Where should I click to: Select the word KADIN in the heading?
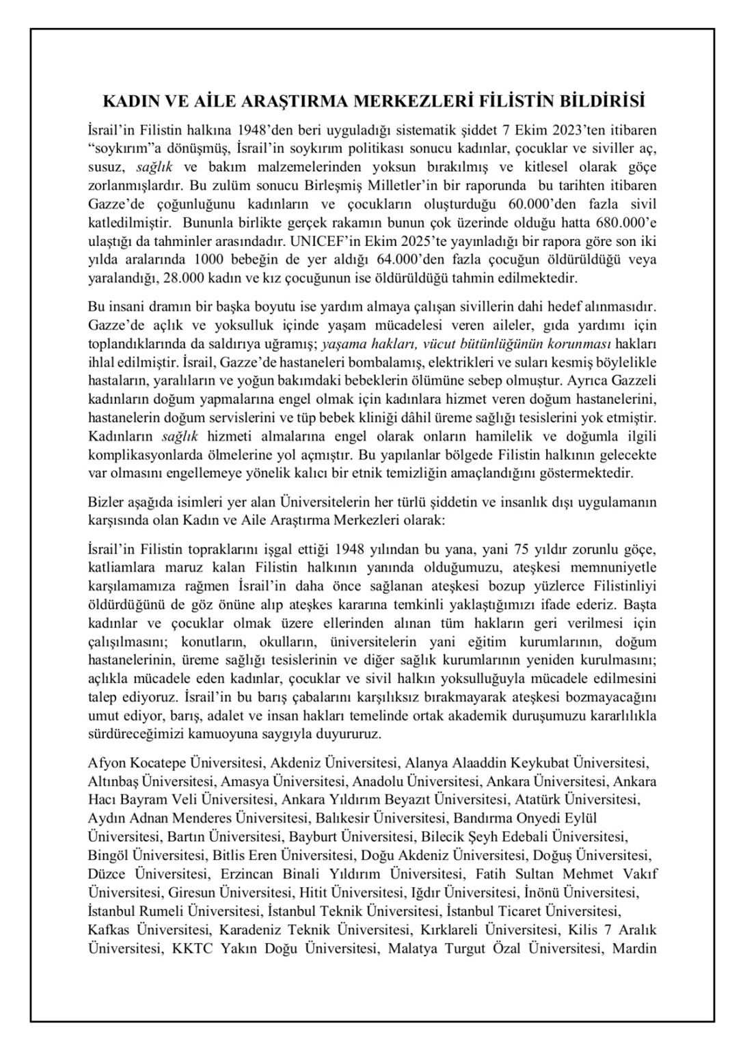[x=128, y=102]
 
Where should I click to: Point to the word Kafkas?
[x=108, y=929]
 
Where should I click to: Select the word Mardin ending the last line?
[x=635, y=949]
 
